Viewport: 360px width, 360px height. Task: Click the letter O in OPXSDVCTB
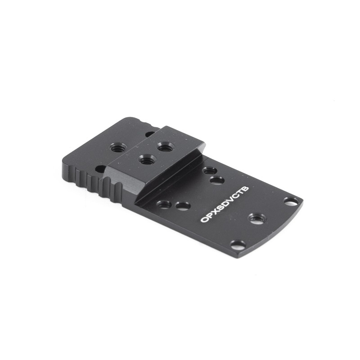click(x=204, y=220)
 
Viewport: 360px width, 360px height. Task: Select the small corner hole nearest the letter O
click(x=238, y=244)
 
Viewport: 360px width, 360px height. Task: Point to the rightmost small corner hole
click(x=291, y=201)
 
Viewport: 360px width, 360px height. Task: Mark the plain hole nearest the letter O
click(x=183, y=206)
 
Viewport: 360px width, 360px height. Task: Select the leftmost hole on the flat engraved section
click(x=164, y=204)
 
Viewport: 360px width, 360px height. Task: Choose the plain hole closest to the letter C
click(x=217, y=180)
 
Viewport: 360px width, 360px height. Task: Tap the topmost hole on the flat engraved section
click(x=208, y=171)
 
